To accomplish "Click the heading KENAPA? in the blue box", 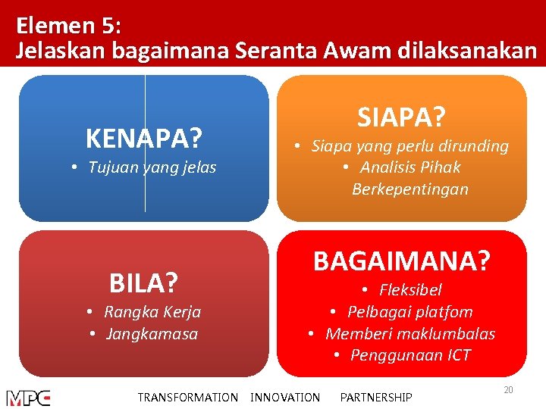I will click(144, 139).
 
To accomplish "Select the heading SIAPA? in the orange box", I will click(401, 117).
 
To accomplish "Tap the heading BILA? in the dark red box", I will click(143, 283).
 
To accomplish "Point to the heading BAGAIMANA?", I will click(402, 261).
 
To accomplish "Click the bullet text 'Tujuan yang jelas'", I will click(152, 167).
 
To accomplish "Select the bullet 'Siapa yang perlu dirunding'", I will click(410, 146).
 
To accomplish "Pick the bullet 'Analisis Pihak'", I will click(410, 167).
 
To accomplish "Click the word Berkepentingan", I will click(410, 189).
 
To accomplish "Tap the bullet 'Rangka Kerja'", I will click(152, 312).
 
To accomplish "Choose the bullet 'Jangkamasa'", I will click(152, 334).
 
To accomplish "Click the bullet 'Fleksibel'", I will click(410, 290).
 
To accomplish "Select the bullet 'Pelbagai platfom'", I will click(410, 312).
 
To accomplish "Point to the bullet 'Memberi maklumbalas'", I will click(410, 334).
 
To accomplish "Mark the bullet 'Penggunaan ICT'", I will click(410, 355).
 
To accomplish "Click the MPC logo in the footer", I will click(29, 398).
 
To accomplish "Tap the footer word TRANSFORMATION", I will click(187, 398).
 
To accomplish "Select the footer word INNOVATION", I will click(285, 398).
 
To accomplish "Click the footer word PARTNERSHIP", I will click(376, 398).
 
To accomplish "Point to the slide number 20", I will click(509, 389).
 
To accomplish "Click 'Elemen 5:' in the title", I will click(67, 26).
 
